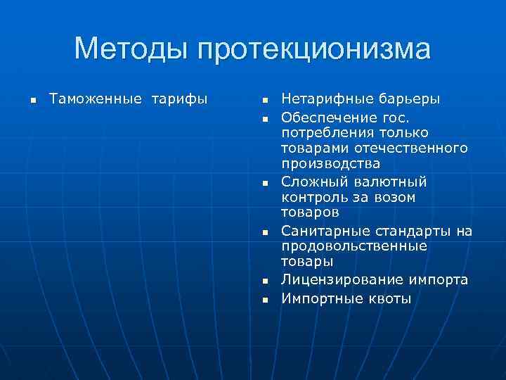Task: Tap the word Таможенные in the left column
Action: (x=92, y=99)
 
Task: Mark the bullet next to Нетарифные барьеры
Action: (x=266, y=100)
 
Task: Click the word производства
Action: (x=331, y=163)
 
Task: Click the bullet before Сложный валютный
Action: (x=266, y=183)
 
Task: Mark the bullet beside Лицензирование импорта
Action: (x=266, y=281)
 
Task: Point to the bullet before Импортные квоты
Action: (x=266, y=300)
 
